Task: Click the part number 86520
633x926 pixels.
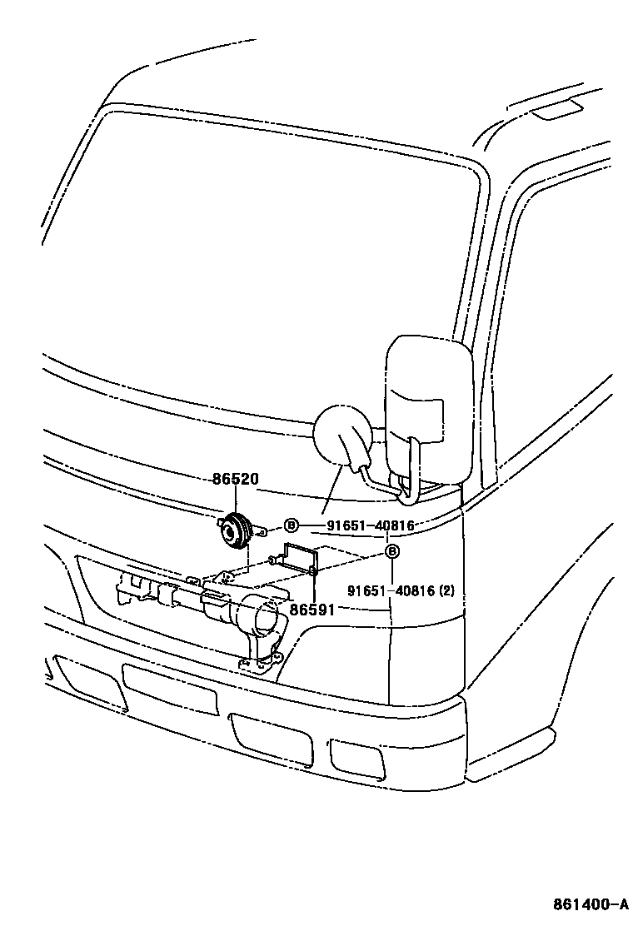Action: [x=235, y=480]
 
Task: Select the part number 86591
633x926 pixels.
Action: [x=312, y=610]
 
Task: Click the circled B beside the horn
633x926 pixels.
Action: [x=291, y=525]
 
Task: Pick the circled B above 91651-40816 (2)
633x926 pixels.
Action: [x=392, y=551]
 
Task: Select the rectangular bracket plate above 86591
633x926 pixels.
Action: [x=301, y=556]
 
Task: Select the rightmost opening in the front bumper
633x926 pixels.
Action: [x=356, y=754]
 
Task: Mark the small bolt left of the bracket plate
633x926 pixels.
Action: [x=272, y=561]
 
